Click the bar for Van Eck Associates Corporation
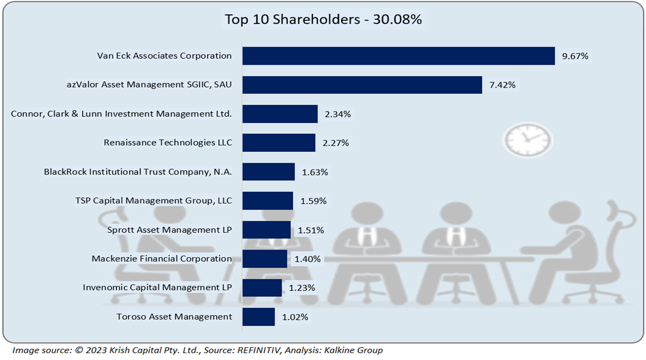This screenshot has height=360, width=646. click(x=398, y=56)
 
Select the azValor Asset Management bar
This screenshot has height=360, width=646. click(x=362, y=85)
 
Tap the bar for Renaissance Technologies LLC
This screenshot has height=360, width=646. click(x=279, y=143)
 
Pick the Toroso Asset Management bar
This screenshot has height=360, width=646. click(x=258, y=317)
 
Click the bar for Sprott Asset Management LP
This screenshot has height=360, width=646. click(x=266, y=230)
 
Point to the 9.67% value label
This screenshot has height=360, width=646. click(x=575, y=56)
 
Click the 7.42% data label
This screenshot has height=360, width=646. click(x=502, y=85)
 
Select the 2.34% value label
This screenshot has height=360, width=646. click(x=338, y=114)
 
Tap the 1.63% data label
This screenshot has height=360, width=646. click(x=315, y=172)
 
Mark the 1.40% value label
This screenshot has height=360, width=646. click(x=307, y=259)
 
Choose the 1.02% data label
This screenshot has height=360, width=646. click(x=295, y=317)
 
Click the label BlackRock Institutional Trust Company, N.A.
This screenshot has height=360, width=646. click(x=138, y=172)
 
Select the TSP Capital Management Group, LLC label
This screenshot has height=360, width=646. click(x=153, y=201)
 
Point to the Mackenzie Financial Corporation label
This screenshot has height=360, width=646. click(x=161, y=259)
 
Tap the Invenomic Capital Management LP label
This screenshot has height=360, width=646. click(x=157, y=287)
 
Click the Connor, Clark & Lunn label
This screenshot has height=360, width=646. click(x=121, y=114)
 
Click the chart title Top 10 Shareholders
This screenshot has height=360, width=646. click(x=323, y=20)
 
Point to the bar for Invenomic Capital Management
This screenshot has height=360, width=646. click(x=262, y=288)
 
